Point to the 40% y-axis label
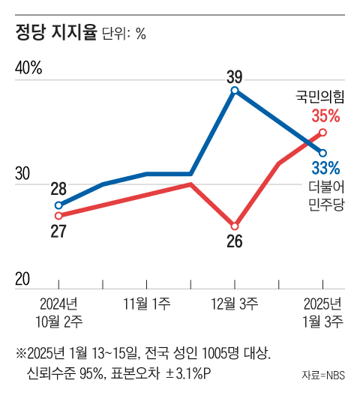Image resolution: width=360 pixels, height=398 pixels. click(x=29, y=67)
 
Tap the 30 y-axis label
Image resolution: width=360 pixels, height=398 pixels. click(x=22, y=173)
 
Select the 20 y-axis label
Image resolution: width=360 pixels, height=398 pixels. click(x=22, y=279)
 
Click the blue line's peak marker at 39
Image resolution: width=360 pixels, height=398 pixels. click(x=235, y=90)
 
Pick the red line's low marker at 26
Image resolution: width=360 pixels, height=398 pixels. click(x=235, y=226)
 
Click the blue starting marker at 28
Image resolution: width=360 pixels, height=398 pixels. click(x=58, y=205)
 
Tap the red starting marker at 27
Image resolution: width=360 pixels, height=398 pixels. click(x=58, y=216)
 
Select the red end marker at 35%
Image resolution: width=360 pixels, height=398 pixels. click(x=322, y=132)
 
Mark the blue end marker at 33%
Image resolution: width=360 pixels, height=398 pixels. click(x=322, y=153)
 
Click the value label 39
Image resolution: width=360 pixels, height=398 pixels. click(x=234, y=75)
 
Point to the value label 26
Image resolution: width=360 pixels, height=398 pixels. click(x=235, y=242)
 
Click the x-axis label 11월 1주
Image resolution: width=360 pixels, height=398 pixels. click(x=146, y=304)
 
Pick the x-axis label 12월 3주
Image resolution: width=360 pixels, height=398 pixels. click(x=235, y=304)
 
